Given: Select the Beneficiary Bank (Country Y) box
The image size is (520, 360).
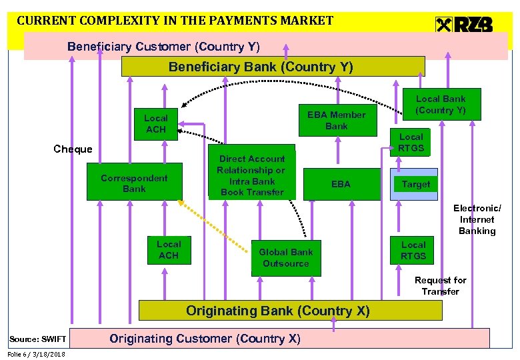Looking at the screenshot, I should pos(273,67).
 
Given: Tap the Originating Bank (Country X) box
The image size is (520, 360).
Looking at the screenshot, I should pos(290,311).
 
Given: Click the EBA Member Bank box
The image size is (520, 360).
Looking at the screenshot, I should pos(336,121).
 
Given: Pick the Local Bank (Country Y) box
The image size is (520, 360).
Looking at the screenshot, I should pos(441,105).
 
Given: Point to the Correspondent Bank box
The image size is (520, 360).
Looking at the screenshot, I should pos(134,182).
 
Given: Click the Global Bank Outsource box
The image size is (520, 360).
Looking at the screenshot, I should pos(285,257).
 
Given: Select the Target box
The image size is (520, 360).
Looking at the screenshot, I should pos(416,184).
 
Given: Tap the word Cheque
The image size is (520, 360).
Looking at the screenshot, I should pos(73,149).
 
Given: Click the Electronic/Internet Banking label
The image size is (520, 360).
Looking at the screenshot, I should pos(477,219).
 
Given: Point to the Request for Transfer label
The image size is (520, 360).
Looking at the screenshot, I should pos(440,285).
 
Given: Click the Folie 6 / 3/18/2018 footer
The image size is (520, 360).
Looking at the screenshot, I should pos(37,354).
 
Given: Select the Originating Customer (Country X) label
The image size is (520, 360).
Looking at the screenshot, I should pos(205,339).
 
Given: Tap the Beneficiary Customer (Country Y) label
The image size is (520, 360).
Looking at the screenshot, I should pos(163,47).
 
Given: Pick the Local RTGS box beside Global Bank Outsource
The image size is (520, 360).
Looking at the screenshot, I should pos(413,251).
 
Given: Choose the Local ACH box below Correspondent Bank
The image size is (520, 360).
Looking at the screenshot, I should pos(169,249).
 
